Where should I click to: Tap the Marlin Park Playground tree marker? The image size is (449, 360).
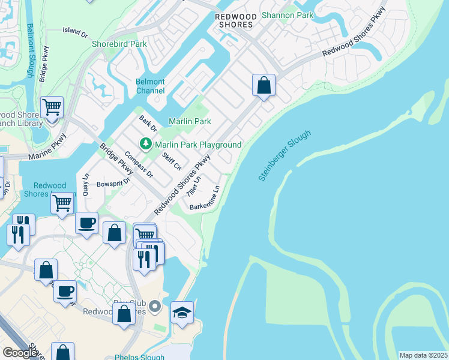point(145,144)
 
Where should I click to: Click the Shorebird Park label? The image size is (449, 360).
point(119,44)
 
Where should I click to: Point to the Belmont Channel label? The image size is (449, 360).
point(150,86)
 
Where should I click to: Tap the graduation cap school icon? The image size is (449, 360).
point(182,312)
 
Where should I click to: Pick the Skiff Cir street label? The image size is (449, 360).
point(172,161)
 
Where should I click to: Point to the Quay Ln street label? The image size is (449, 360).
point(85,184)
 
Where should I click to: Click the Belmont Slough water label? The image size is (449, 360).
point(31,51)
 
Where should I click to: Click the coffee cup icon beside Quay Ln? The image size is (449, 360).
point(86,223)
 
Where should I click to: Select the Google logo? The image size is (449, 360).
point(20,353)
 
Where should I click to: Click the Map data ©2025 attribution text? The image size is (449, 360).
point(423,355)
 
